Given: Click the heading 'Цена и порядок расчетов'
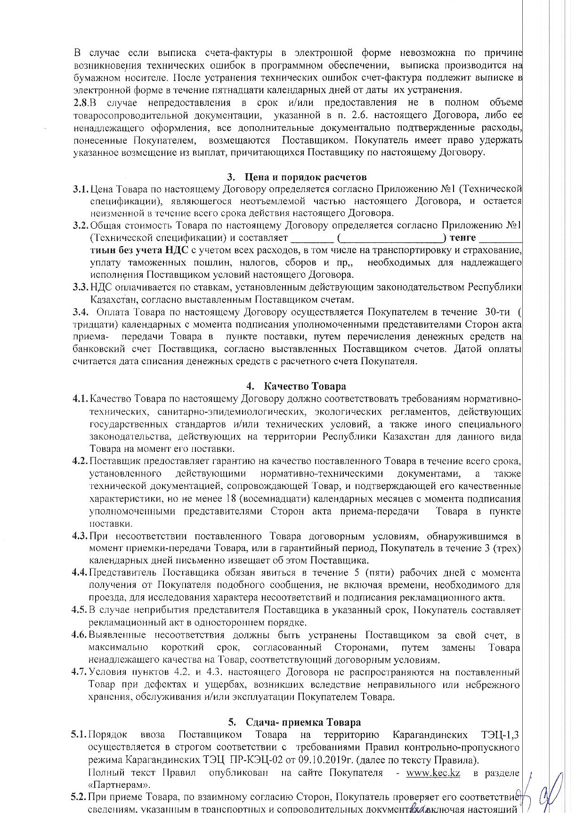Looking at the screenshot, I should coord(305,177).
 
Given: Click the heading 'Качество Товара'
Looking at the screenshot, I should coord(305,386).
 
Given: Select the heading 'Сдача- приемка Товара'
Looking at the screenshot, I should coord(303,722).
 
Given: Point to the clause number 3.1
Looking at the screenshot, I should coord(80,189).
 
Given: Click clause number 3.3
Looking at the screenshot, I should coord(80,287).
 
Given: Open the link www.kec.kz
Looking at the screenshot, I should coord(433,773).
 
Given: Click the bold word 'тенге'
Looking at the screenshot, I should coord(462,238).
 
